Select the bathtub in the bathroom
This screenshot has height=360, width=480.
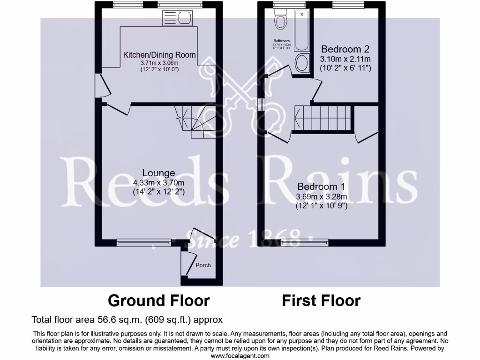(x=301, y=32)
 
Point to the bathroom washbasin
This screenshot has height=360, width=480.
(x=302, y=63)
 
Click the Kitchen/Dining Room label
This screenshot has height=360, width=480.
(x=159, y=55)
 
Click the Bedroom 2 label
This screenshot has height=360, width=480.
(x=345, y=49)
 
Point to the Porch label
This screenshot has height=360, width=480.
(x=203, y=265)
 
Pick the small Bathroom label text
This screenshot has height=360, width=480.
(x=282, y=41)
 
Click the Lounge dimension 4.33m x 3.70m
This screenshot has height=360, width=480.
(x=159, y=182)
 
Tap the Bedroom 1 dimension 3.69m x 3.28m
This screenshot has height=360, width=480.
(x=322, y=196)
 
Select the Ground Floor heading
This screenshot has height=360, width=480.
(x=159, y=300)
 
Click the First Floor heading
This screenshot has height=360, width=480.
(x=321, y=300)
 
